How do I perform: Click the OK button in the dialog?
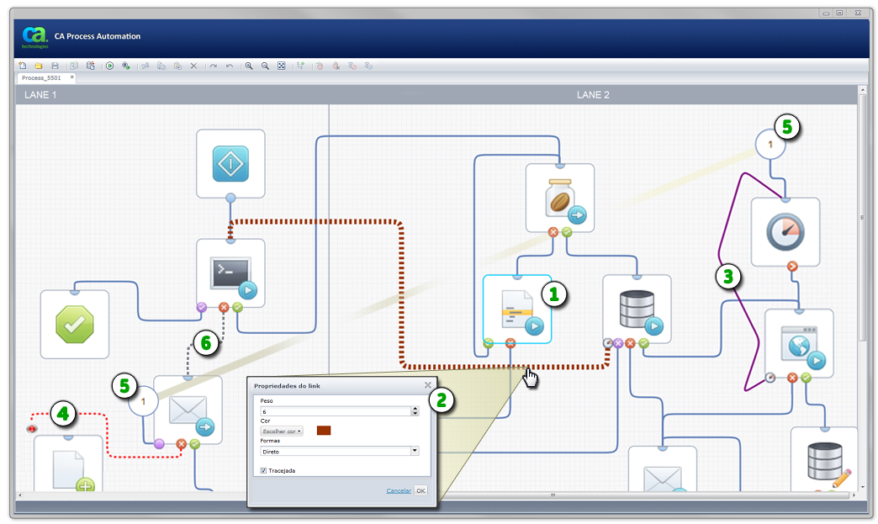coord(420,490)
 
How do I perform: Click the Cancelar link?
coord(399,490)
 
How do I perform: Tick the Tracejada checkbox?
coord(263,471)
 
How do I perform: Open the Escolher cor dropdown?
coord(282,431)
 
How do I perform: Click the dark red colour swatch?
coord(324,431)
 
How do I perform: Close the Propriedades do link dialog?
coord(427,385)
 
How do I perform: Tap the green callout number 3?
coord(728,276)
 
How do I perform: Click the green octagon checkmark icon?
coord(74,324)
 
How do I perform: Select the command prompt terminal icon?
coord(230,273)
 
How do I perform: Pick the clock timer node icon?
coord(785,230)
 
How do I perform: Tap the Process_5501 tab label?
coord(41,78)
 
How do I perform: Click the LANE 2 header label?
coord(593,95)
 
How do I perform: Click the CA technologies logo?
coord(34,38)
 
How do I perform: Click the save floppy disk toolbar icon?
coord(55,66)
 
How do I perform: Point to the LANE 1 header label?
coord(40,95)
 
